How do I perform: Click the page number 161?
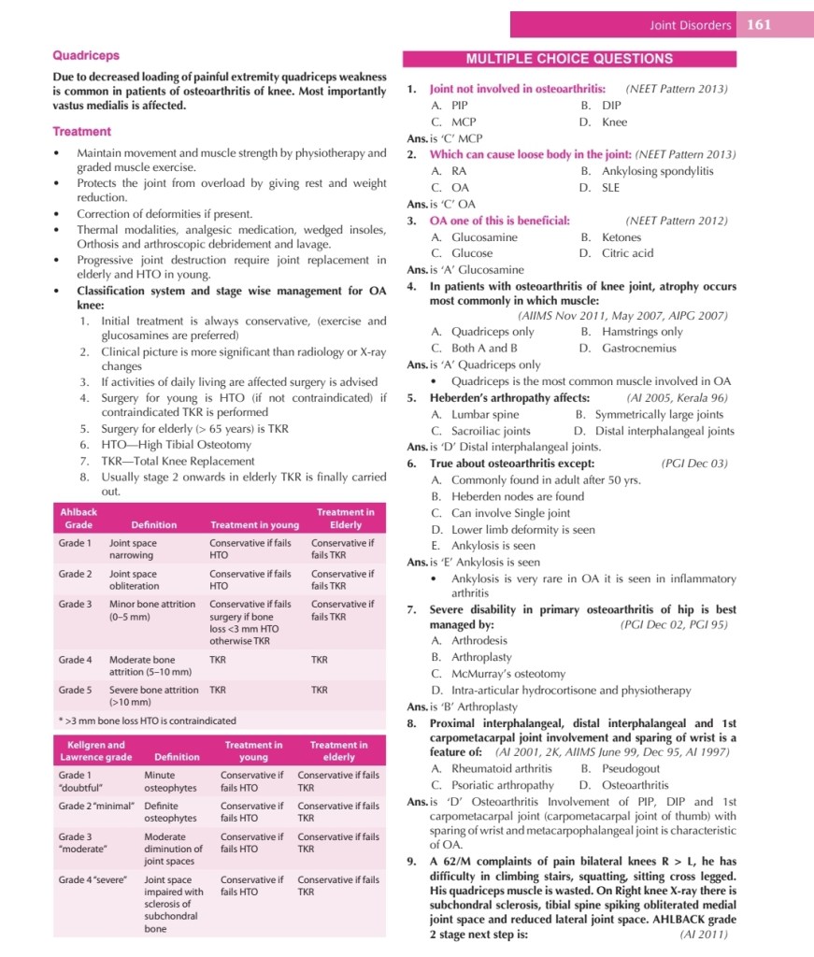coord(758,25)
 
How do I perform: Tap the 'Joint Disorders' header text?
coord(691,25)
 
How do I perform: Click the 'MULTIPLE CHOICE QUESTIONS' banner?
coord(569,58)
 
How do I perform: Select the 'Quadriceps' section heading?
coord(85,56)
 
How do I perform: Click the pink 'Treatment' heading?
coord(81,132)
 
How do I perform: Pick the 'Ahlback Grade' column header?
coord(79,519)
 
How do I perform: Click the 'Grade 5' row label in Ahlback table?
coord(75,690)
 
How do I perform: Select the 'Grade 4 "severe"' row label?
coord(94,879)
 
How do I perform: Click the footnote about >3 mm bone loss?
coord(147,721)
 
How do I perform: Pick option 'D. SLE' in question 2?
coord(597,188)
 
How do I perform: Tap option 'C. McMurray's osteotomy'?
coord(498,674)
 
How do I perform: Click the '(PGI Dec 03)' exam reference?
coord(693,464)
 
